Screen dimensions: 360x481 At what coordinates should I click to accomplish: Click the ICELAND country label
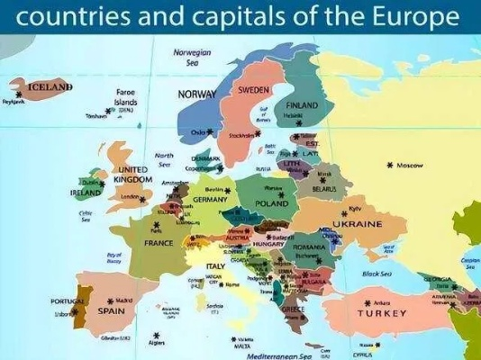click(x=49, y=87)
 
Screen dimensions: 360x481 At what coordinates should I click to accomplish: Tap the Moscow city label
click(x=410, y=166)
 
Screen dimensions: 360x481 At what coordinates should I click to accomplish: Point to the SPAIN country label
click(x=111, y=311)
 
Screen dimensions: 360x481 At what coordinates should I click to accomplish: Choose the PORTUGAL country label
click(x=68, y=301)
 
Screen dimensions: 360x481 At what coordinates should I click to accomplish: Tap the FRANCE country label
click(x=159, y=243)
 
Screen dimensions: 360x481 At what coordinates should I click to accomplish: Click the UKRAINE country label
click(x=357, y=223)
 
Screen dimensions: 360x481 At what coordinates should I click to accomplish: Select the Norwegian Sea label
click(x=192, y=58)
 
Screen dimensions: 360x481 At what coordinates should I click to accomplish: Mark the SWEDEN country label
click(x=254, y=90)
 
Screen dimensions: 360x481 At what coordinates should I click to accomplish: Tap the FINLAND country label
click(x=303, y=105)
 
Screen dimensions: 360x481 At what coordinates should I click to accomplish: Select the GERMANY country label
click(x=211, y=200)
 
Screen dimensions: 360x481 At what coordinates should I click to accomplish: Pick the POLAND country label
click(x=272, y=204)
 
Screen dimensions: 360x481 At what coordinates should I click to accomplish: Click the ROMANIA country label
click(x=308, y=247)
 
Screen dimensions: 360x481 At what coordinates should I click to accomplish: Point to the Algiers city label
click(x=157, y=343)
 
